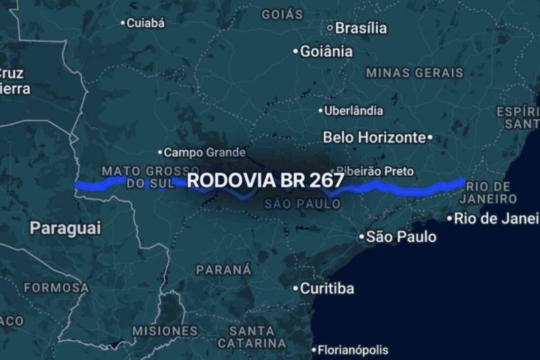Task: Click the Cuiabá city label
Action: [146, 23]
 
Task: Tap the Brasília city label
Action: [361, 28]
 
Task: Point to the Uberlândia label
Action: [353, 110]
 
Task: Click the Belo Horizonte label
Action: [374, 137]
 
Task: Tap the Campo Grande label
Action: [204, 152]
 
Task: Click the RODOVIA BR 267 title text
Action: [265, 180]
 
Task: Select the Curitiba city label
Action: [327, 288]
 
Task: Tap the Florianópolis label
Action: [353, 351]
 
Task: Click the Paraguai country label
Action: [65, 228]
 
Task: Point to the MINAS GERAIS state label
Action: [414, 73]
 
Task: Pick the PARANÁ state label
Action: [223, 270]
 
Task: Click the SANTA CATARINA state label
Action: [252, 336]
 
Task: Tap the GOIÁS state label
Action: [282, 14]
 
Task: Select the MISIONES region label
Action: [165, 330]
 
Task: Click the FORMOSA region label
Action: [57, 287]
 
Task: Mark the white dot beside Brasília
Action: [330, 28]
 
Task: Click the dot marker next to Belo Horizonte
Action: [430, 138]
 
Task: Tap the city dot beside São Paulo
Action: [361, 237]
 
